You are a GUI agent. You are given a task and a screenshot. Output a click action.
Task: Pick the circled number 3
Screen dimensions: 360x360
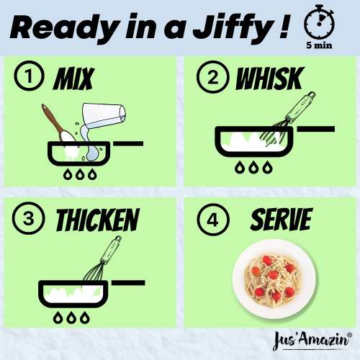27,218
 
